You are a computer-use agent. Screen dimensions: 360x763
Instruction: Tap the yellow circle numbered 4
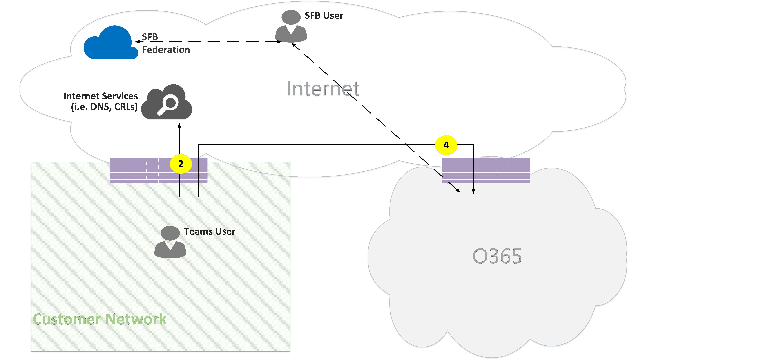click(446, 145)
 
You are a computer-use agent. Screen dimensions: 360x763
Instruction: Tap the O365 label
click(497, 256)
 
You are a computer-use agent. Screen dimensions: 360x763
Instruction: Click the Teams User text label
click(209, 231)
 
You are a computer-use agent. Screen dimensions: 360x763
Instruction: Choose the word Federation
click(166, 50)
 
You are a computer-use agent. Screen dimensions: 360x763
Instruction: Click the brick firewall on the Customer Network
click(142, 171)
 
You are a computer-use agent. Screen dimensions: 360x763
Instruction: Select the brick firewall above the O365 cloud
click(504, 171)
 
